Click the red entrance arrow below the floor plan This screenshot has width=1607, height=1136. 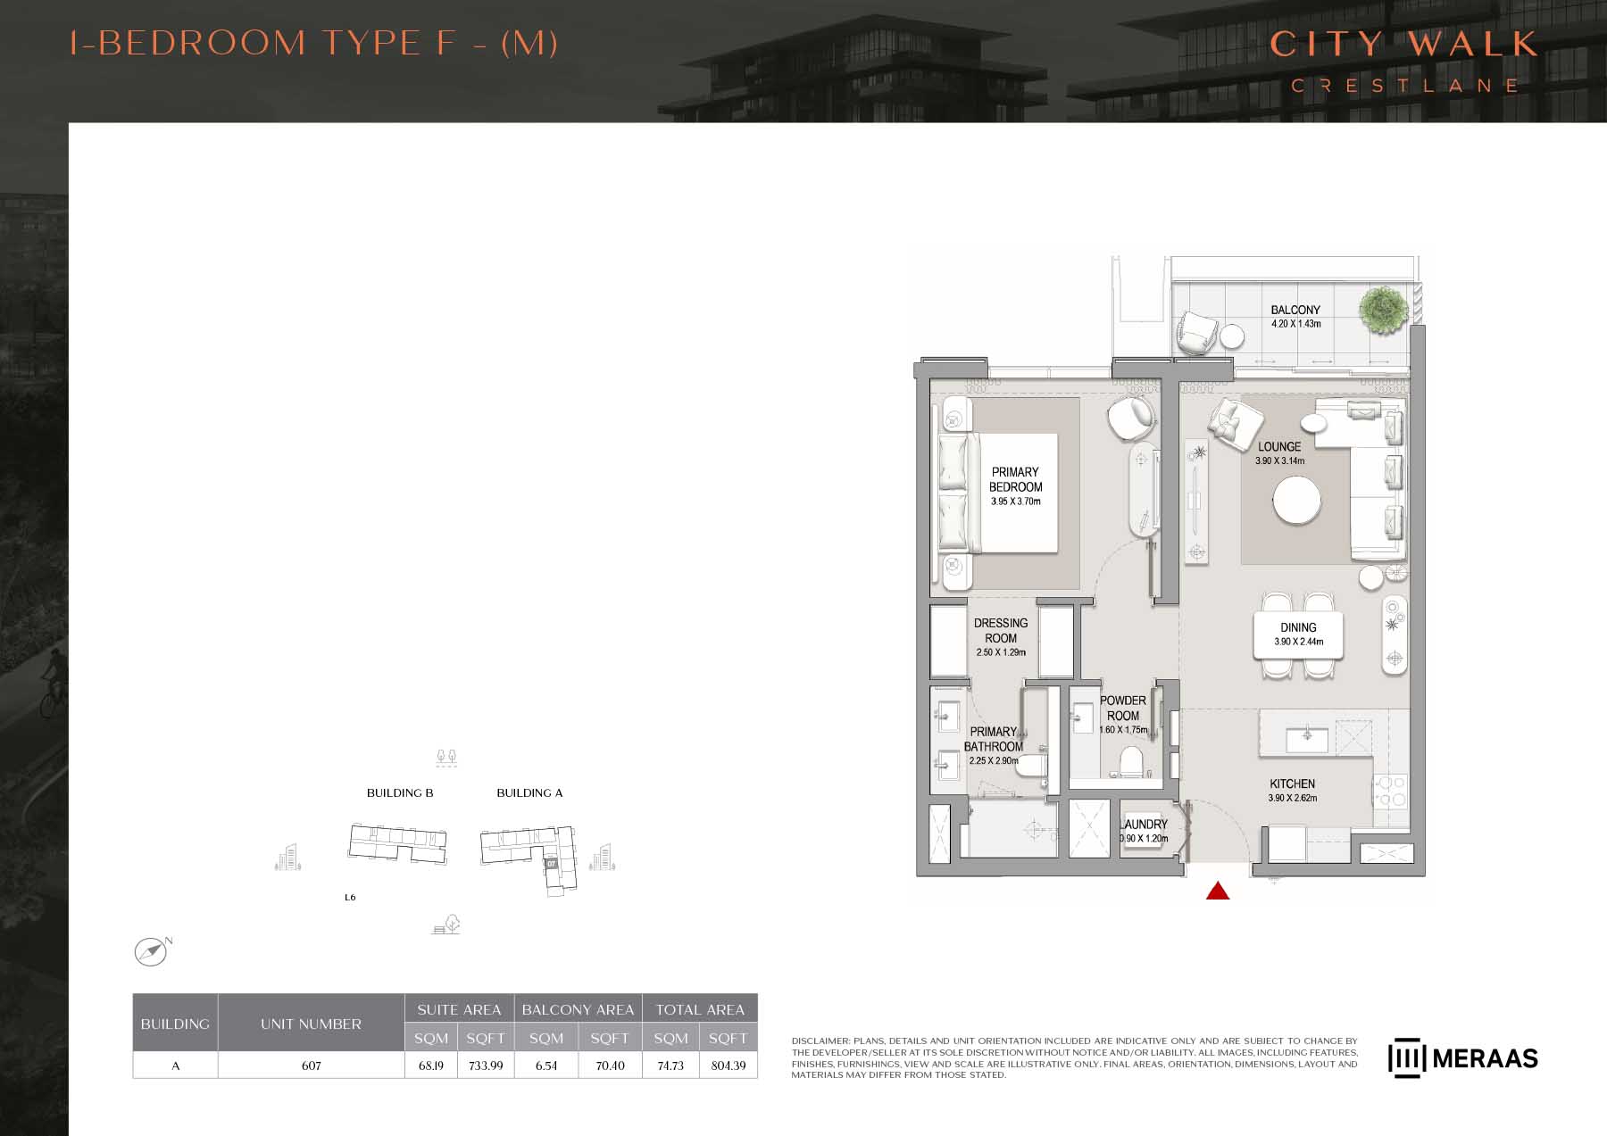point(1218,891)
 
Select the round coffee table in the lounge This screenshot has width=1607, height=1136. point(1297,502)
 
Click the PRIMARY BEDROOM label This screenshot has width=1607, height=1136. point(1015,479)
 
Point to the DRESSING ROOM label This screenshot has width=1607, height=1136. point(1001,630)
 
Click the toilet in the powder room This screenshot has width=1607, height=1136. point(1131,761)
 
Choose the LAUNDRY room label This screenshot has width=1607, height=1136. point(1145,825)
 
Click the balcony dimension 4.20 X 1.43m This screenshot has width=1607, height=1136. point(1296,324)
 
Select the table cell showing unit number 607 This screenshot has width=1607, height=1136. point(311,1066)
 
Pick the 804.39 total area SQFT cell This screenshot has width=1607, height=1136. point(729,1066)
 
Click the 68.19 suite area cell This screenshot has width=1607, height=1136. point(431,1066)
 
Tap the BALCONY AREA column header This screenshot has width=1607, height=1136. point(578,1009)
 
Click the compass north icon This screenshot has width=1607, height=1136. point(152,951)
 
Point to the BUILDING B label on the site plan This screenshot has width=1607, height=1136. point(400,792)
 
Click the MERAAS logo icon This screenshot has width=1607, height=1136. point(1405,1057)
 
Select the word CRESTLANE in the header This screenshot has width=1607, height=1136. point(1404,86)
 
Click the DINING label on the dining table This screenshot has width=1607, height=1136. point(1298,627)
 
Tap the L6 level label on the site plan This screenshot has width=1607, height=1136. point(350,897)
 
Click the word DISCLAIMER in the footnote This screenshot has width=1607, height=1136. point(821,1041)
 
